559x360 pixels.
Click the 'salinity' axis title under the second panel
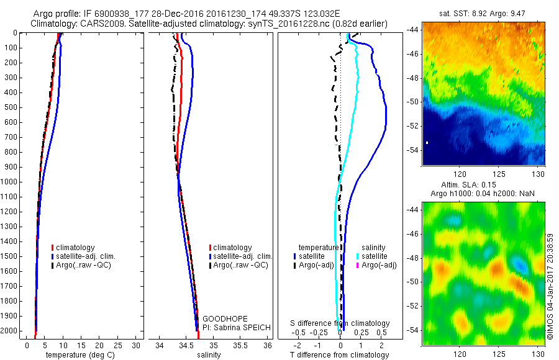pos(209,355)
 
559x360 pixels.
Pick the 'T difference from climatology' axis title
pos(340,355)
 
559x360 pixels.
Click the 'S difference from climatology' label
pos(340,323)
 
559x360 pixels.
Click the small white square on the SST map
pos(427,143)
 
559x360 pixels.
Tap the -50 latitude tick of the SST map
pos(414,101)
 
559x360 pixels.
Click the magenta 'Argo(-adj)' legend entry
pos(379,265)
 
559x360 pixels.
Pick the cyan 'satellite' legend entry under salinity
pos(375,256)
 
